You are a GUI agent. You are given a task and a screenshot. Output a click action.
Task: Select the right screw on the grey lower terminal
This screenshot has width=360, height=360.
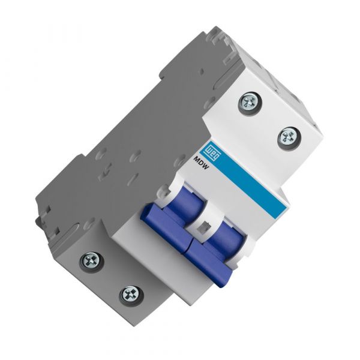[x=129, y=293]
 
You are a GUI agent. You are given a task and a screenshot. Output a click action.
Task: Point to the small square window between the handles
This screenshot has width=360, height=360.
[x=202, y=227]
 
